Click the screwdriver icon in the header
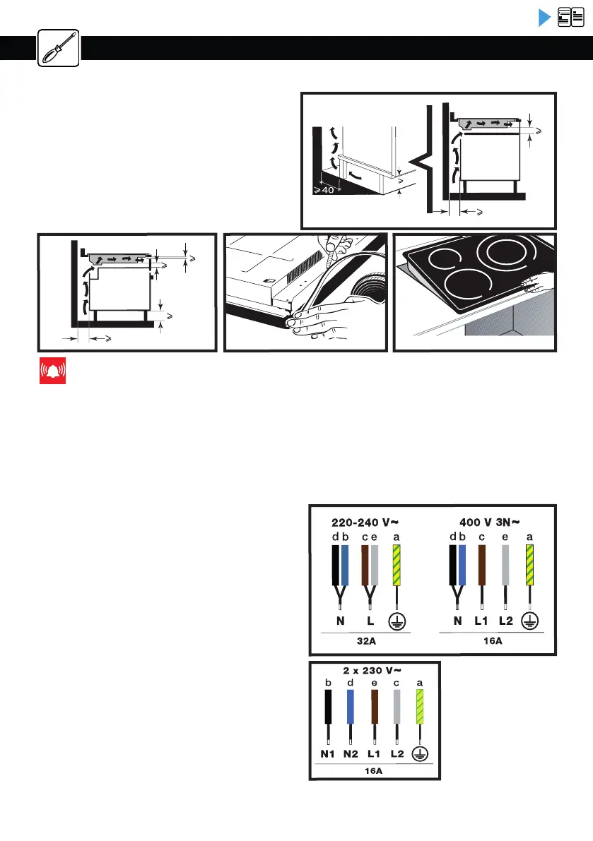tap(58, 47)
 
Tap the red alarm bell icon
tap(52, 371)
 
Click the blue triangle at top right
tap(544, 18)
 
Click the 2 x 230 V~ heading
tap(374, 669)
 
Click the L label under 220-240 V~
tap(370, 621)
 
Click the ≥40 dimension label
tap(326, 189)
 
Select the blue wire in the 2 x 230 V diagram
tap(350, 706)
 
